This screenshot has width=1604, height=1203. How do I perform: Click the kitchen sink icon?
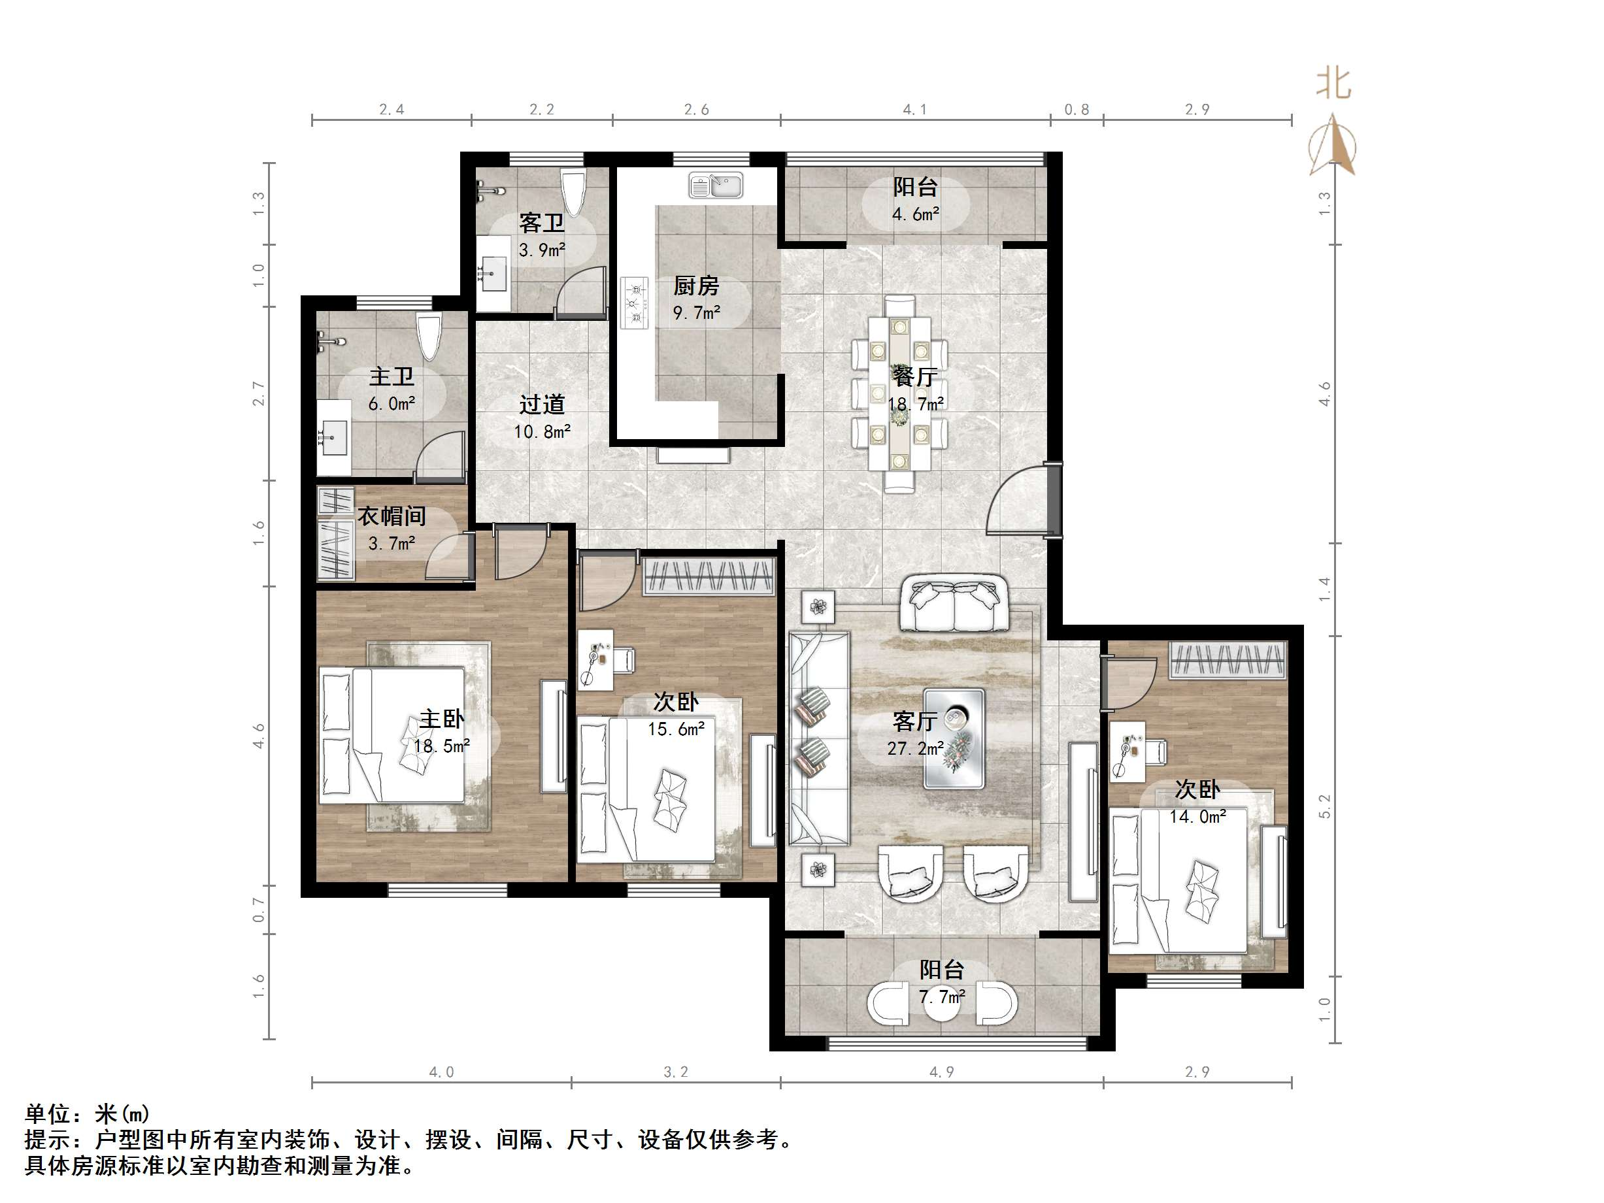tap(715, 186)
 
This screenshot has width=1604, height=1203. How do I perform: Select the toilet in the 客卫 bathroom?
tap(574, 192)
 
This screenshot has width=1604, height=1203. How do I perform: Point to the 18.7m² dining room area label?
tap(916, 404)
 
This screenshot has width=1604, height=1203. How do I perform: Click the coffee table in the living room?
tap(954, 738)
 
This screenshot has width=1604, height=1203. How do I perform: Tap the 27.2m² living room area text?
tap(915, 748)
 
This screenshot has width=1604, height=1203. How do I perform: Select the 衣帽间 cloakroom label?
tap(392, 516)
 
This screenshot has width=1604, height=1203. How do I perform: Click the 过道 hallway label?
tap(542, 404)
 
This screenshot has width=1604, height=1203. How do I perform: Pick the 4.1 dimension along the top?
tap(914, 110)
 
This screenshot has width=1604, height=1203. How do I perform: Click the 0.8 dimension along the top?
tap(1076, 110)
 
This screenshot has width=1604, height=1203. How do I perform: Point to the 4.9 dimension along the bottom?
tap(941, 1072)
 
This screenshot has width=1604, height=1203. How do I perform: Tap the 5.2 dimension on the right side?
tap(1324, 806)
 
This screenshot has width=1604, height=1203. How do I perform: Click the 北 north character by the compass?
tap(1333, 84)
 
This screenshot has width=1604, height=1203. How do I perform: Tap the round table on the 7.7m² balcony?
tap(941, 1004)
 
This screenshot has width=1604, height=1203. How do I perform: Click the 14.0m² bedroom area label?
tap(1197, 817)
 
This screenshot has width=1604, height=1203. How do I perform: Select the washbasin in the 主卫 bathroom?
tap(333, 437)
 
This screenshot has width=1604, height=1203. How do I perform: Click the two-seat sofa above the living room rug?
tap(954, 603)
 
